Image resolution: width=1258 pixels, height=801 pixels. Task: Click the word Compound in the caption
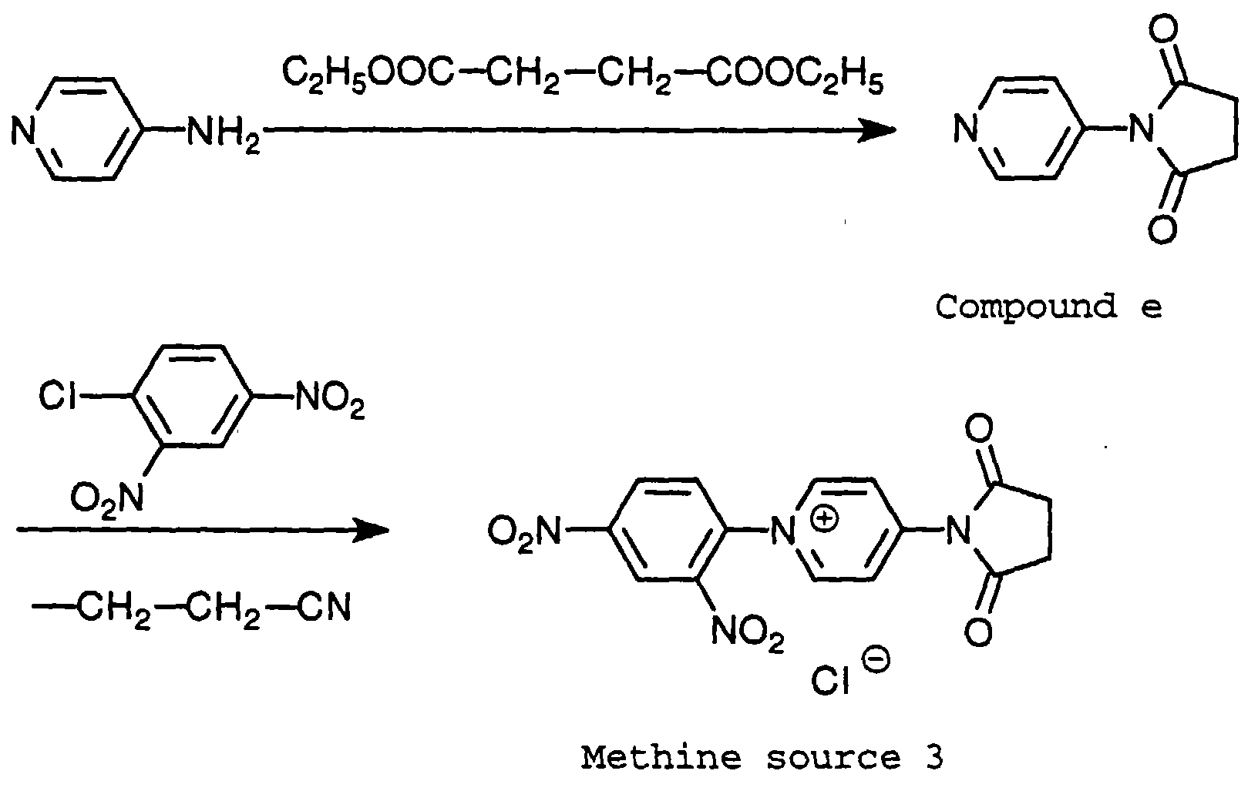(x=1025, y=307)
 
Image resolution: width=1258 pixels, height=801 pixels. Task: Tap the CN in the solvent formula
(x=325, y=608)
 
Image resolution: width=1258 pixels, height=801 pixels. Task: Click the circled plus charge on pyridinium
(x=825, y=518)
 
